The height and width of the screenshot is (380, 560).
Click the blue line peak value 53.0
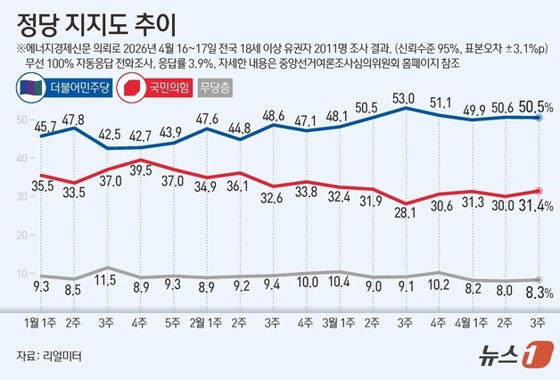tap(405, 97)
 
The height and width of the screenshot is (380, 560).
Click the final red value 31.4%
tap(536, 206)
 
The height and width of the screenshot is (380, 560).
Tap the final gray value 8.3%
tap(538, 291)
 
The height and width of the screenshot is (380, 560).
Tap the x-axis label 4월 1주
tap(468, 318)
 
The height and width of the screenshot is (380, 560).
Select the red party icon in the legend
tap(132, 87)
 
